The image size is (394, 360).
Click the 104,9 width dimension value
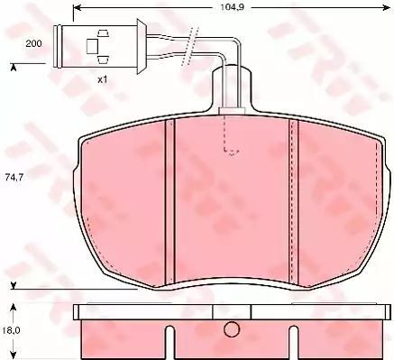click(232, 8)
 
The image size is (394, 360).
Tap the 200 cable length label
click(33, 44)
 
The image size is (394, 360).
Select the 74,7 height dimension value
click(14, 178)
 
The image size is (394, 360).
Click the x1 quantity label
click(103, 80)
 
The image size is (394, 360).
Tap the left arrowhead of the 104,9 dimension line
click(78, 8)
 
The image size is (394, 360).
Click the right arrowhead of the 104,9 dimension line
click(386, 8)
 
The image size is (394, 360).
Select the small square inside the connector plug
click(92, 47)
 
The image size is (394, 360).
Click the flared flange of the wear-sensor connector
click(141, 46)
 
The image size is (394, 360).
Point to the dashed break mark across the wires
click(190, 46)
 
